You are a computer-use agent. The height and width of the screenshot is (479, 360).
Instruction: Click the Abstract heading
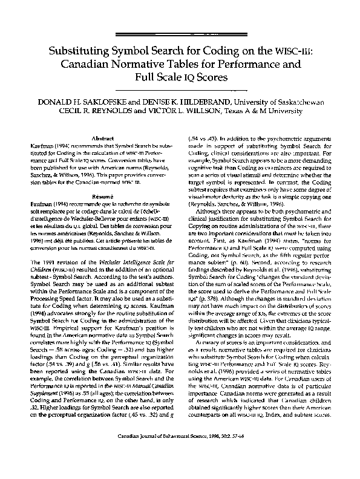99,138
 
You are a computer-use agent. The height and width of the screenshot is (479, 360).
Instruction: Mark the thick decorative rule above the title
180,34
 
